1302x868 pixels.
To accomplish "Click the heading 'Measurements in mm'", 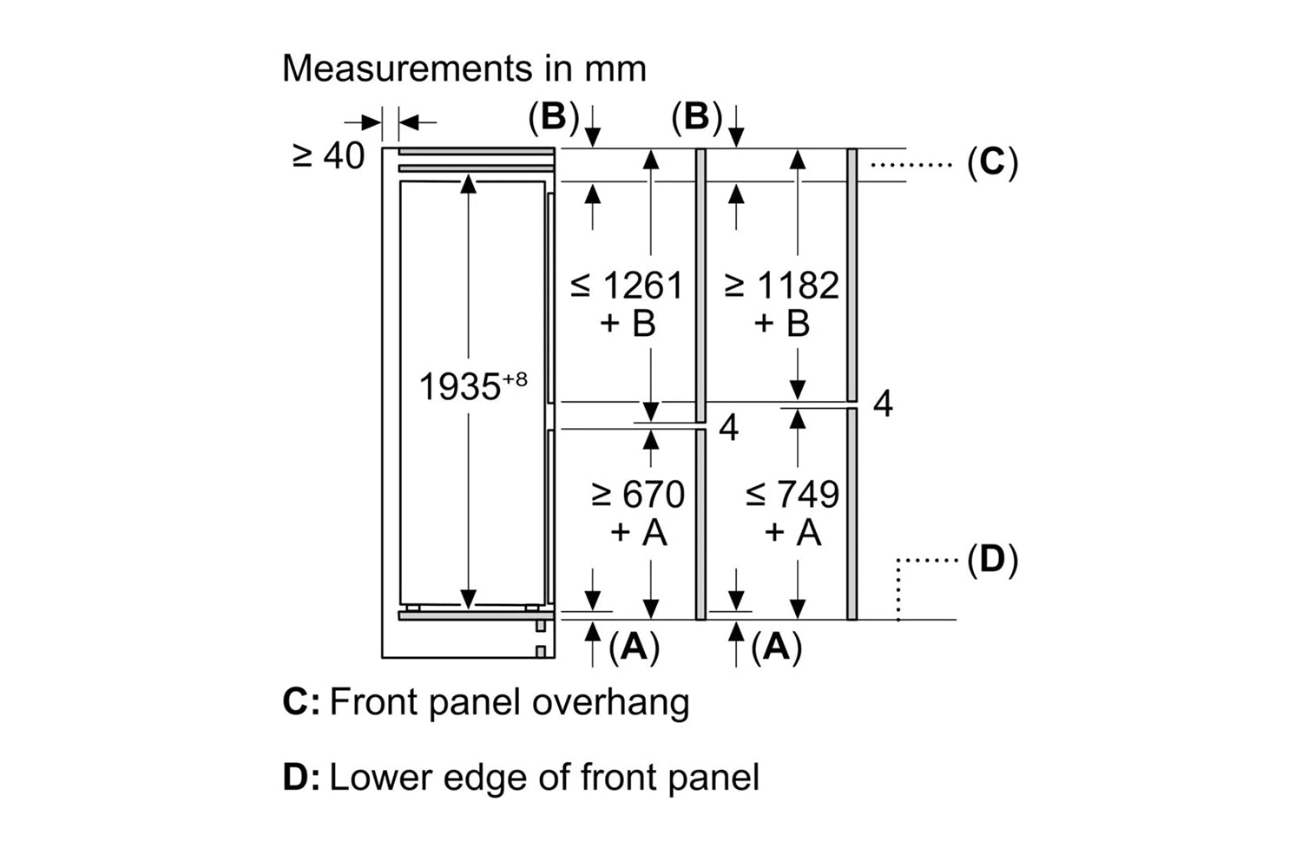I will point(464,68).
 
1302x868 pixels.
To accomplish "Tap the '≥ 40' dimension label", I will point(329,156).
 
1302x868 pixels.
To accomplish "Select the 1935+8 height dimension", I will point(472,386).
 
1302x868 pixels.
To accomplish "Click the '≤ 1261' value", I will point(627,286).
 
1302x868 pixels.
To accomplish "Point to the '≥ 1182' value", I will point(782,286).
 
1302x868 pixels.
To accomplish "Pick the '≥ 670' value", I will point(638,495).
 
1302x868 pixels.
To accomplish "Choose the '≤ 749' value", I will point(792,495).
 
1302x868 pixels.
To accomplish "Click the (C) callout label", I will point(992,162).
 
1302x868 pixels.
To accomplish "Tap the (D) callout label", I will point(992,560).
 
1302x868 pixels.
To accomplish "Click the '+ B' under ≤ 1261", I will point(627,324).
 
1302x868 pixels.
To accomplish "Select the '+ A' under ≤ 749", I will point(792,531).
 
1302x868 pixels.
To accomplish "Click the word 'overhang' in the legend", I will point(611,702).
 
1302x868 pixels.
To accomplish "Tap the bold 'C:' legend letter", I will point(300,702).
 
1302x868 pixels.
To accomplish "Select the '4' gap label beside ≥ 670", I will point(729,427).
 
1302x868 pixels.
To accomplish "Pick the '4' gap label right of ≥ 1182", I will point(883,404).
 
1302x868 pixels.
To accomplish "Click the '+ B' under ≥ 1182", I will point(782,324).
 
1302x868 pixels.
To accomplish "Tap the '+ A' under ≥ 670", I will point(638,531).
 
